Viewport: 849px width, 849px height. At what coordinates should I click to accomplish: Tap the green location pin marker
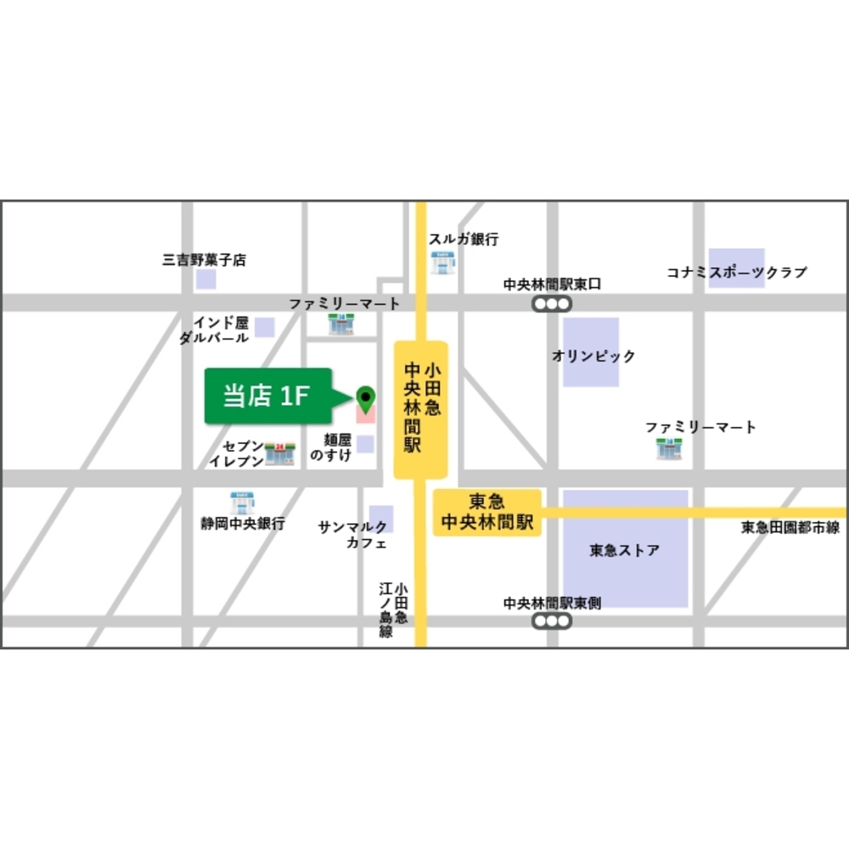(365, 396)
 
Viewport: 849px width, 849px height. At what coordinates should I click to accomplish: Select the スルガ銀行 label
(463, 239)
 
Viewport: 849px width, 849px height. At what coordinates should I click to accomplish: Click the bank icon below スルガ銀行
(442, 261)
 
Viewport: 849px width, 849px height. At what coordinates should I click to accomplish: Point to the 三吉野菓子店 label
(204, 260)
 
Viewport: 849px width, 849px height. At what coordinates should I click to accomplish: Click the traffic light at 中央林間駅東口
(552, 304)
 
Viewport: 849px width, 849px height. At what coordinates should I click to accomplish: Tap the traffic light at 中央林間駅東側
(552, 621)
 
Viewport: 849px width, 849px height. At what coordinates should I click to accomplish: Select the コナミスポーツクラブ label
(736, 273)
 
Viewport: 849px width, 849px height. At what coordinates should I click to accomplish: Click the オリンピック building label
(593, 356)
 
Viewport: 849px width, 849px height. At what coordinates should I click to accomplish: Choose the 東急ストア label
(624, 550)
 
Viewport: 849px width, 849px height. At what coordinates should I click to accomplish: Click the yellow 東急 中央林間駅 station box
(487, 512)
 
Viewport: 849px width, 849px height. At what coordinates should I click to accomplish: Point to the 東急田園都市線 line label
(790, 528)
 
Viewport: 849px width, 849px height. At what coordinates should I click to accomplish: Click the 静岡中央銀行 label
(242, 524)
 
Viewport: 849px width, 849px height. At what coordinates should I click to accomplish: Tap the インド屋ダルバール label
(214, 330)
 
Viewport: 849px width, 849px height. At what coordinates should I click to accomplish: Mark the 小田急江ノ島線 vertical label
(393, 610)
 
